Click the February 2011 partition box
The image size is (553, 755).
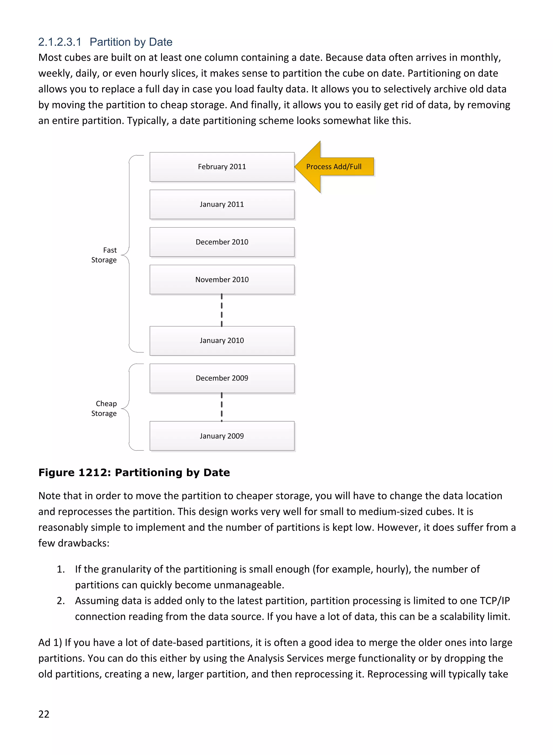(222, 167)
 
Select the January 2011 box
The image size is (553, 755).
(222, 204)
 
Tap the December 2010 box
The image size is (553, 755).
(222, 242)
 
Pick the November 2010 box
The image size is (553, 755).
(222, 279)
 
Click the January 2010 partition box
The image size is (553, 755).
(222, 341)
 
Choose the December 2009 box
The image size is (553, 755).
(222, 378)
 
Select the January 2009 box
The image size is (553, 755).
(222, 436)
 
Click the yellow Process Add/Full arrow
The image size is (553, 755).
(334, 167)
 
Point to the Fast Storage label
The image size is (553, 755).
(104, 255)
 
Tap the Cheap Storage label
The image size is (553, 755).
(104, 408)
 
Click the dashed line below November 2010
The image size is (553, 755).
(222, 310)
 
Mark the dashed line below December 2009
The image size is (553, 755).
(222, 407)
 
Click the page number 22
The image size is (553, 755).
(44, 714)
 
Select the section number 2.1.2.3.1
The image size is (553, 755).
(60, 42)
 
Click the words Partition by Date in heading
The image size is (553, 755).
(131, 42)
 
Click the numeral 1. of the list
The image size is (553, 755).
(60, 569)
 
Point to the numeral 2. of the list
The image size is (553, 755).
(60, 601)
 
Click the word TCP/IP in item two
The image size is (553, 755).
(494, 601)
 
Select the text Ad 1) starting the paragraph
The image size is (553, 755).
(50, 643)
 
